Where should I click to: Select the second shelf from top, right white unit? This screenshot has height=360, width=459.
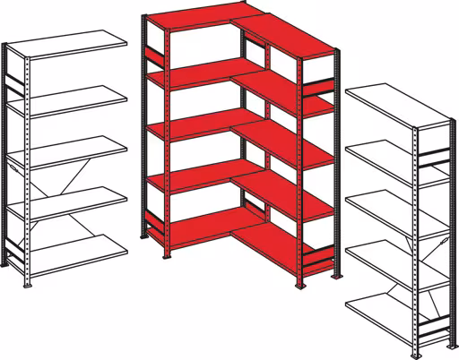click(391, 156)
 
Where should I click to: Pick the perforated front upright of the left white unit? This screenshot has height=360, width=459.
click(31, 170)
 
